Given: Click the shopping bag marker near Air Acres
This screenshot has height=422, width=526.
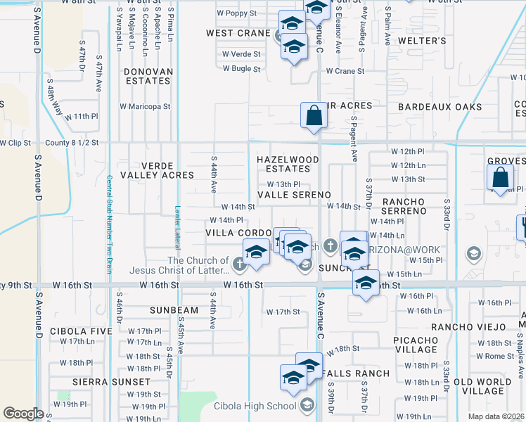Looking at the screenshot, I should (314, 115).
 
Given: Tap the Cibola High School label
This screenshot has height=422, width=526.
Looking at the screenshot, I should (263, 406).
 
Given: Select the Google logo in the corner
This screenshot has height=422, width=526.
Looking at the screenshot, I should (23, 414).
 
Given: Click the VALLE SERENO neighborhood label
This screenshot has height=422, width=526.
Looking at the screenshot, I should (294, 194).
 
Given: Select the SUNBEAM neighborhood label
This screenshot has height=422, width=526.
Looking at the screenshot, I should (174, 310).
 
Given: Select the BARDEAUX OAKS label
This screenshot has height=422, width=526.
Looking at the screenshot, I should (440, 107).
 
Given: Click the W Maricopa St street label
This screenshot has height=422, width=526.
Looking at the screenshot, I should (145, 107).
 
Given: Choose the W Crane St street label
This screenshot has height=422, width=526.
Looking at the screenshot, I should (345, 71).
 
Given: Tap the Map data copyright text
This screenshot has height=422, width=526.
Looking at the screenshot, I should (496, 416).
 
